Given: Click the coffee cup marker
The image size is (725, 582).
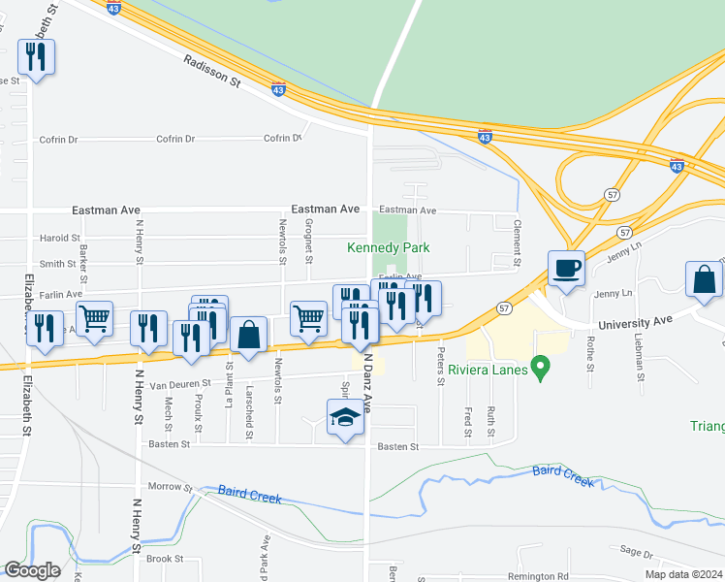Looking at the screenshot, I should tap(565, 268).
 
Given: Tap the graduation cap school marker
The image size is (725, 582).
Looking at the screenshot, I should tap(345, 418).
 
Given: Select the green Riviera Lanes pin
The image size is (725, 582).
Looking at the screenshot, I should tap(543, 369).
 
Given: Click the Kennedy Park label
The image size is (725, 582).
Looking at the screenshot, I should tap(389, 248).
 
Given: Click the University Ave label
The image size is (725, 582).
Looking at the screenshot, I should tap(635, 326).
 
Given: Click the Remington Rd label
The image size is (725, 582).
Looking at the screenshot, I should tap(549, 575).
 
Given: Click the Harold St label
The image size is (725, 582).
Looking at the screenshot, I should tap(60, 238).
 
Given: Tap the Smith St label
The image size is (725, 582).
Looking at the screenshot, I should tap(58, 264).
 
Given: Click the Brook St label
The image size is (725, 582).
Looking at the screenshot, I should tap(165, 559).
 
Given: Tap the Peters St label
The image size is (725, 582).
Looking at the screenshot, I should tap(440, 366).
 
